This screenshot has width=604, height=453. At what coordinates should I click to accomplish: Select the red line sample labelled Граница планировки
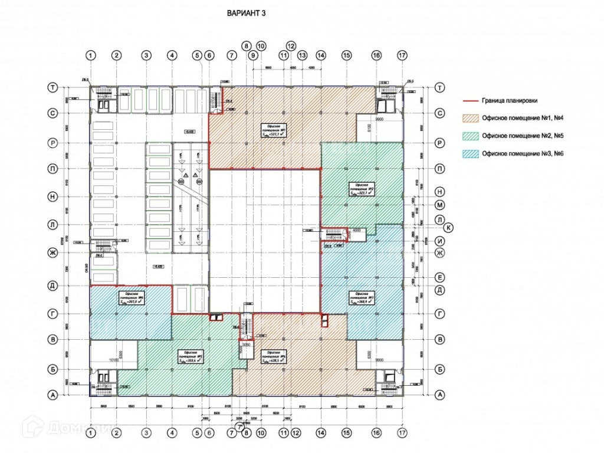[x=469, y=101]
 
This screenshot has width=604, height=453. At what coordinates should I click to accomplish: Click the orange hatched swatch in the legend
[x=469, y=119]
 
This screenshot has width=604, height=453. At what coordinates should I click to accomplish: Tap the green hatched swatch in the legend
[x=469, y=136]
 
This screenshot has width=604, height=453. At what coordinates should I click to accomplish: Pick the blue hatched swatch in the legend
[x=469, y=154]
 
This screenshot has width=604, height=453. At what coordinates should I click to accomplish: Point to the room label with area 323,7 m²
[x=359, y=189]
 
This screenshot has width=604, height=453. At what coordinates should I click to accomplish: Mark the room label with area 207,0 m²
[x=131, y=298]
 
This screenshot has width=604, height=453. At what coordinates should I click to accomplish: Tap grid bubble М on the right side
[x=439, y=205]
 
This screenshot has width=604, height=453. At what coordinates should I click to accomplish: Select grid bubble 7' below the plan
[x=239, y=425]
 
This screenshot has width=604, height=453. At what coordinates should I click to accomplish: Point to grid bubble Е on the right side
[x=439, y=276]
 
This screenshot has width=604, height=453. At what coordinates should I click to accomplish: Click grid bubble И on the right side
[x=439, y=241]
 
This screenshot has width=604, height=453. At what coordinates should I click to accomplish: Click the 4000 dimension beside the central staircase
[x=356, y=230]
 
